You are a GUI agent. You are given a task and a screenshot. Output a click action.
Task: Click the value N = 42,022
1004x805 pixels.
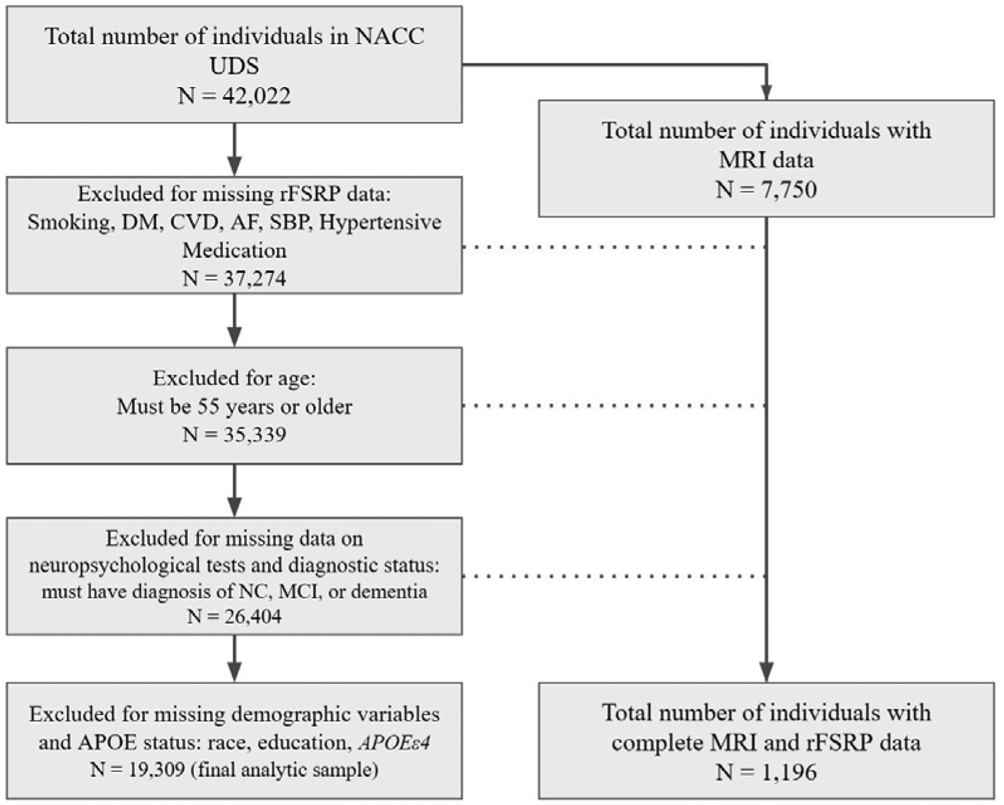[234, 96]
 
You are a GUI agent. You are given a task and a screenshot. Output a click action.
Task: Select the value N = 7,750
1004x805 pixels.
[766, 190]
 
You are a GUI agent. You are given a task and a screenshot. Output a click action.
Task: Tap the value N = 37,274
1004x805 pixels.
[234, 278]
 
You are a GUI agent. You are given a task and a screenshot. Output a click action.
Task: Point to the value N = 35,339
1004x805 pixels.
[234, 434]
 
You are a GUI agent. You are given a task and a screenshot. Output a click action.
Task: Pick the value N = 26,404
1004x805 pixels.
[234, 616]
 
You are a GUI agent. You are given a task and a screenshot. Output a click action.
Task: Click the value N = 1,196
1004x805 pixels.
[766, 772]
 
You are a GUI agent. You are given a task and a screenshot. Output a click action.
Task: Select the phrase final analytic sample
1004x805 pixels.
[284, 770]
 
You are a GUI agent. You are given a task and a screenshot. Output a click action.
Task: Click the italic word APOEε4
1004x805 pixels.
[394, 742]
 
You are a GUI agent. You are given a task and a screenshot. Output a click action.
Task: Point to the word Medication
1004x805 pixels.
[234, 250]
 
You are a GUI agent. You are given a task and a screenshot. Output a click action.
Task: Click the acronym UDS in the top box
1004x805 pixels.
[234, 67]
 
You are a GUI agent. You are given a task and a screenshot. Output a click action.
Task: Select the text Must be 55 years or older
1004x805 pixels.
[234, 407]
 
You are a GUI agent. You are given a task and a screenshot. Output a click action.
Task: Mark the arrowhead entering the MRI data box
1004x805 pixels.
[766, 92]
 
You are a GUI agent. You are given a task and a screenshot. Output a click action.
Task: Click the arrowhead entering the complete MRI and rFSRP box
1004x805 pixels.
[766, 672]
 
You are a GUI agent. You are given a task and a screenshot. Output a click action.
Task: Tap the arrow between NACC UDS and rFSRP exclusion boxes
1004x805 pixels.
[234, 150]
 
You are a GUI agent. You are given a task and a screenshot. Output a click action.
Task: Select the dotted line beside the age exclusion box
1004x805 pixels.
[614, 406]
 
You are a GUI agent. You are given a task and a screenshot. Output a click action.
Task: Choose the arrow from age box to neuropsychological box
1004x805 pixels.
[234, 491]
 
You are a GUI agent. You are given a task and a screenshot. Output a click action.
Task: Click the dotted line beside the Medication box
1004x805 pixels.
[614, 247]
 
